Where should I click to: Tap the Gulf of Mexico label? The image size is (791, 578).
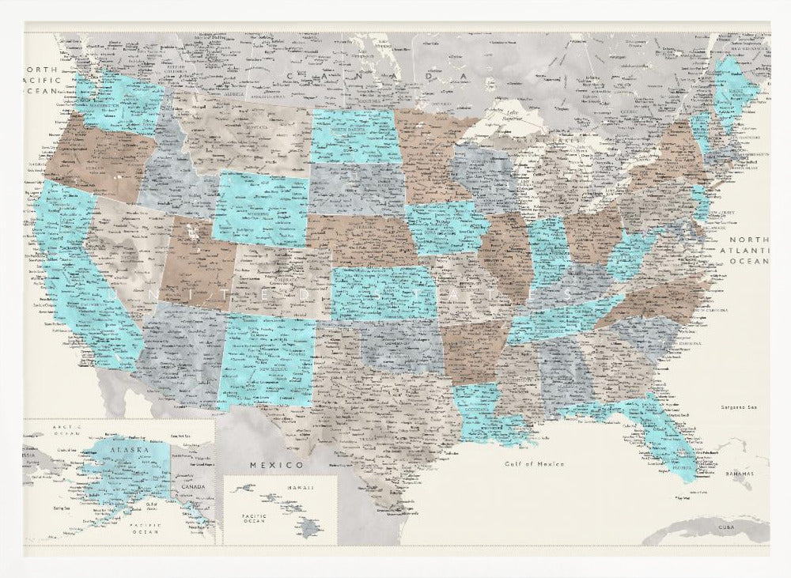(x=535, y=464)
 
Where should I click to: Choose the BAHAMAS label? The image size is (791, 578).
(x=737, y=474)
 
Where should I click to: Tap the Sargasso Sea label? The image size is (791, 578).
(x=739, y=407)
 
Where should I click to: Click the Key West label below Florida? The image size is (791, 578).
(x=682, y=498)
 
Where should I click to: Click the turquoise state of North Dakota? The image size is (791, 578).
(x=352, y=134)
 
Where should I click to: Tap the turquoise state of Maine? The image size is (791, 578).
(x=733, y=87)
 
